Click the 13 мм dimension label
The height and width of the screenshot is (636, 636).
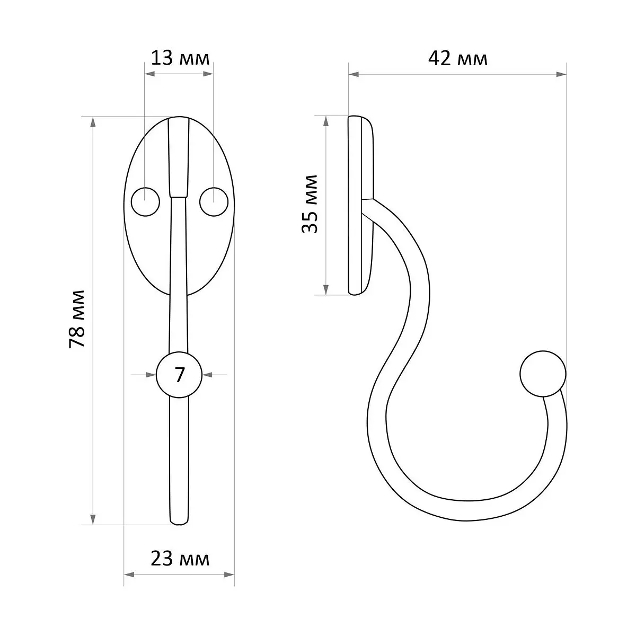(180, 58)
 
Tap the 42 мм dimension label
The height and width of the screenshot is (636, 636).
(458, 59)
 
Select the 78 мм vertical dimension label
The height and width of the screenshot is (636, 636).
(77, 319)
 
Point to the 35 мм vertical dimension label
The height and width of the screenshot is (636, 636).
(310, 204)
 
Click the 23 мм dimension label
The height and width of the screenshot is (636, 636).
(180, 559)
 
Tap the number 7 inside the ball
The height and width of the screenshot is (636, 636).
(180, 375)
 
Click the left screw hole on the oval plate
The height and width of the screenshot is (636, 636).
(146, 201)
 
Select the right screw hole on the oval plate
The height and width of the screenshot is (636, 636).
(214, 201)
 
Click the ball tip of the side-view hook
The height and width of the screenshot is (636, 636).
(543, 374)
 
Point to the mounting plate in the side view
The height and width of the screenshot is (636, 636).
(361, 205)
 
